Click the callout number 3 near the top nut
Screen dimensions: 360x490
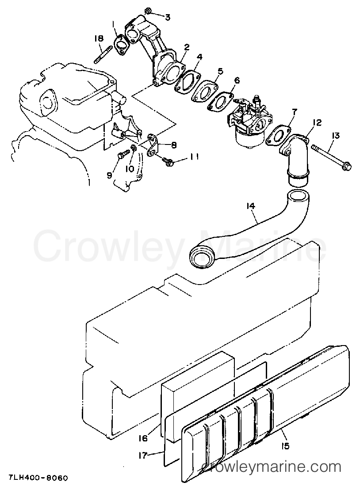point(168,18)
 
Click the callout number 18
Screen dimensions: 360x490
point(99,38)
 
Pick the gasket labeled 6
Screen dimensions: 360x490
point(221,101)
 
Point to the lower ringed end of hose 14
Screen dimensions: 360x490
point(200,257)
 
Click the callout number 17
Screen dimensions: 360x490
point(142,456)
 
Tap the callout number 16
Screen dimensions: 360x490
point(142,438)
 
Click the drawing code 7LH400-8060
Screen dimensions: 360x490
point(34,479)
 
